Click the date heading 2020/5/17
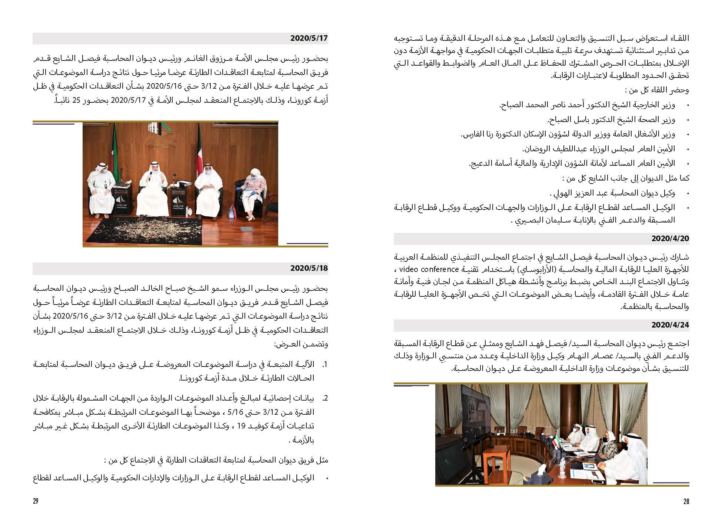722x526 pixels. click(309, 38)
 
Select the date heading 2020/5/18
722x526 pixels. click(309, 268)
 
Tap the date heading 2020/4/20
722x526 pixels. click(670, 239)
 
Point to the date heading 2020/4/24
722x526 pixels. click(670, 325)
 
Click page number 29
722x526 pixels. click(36, 502)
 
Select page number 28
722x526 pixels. click(686, 502)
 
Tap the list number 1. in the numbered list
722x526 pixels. click(325, 365)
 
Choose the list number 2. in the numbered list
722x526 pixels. click(325, 399)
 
